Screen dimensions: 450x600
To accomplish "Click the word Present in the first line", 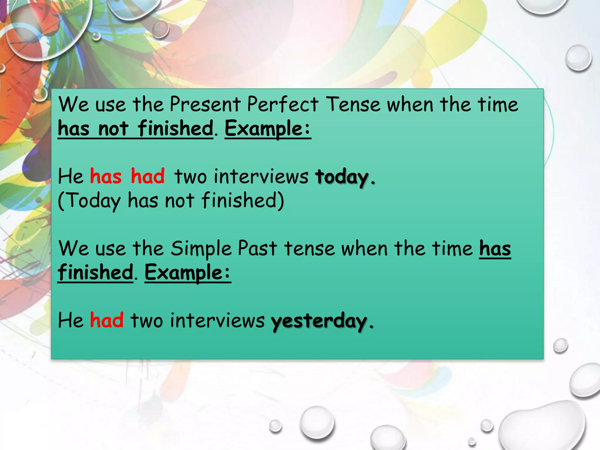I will coord(205,104).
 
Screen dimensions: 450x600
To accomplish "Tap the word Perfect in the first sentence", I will coord(282,104).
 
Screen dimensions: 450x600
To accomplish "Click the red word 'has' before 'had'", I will coord(105,176).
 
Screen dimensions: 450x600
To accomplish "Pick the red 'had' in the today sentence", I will coord(148,176).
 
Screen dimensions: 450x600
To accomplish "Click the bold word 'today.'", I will coord(345,177).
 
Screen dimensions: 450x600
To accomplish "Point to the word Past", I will coord(257,248).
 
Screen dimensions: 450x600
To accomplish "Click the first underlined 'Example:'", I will coord(267,129).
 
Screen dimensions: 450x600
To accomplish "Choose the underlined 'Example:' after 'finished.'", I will coord(187,273).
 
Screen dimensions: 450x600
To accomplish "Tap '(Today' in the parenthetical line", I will coord(89,201).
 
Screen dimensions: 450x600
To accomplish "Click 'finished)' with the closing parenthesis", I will coord(243,200).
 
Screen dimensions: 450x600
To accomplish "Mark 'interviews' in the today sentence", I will coord(261,176).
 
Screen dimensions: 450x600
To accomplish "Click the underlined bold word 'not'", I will coord(113,129).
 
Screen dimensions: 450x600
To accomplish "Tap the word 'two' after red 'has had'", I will coord(190,177).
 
